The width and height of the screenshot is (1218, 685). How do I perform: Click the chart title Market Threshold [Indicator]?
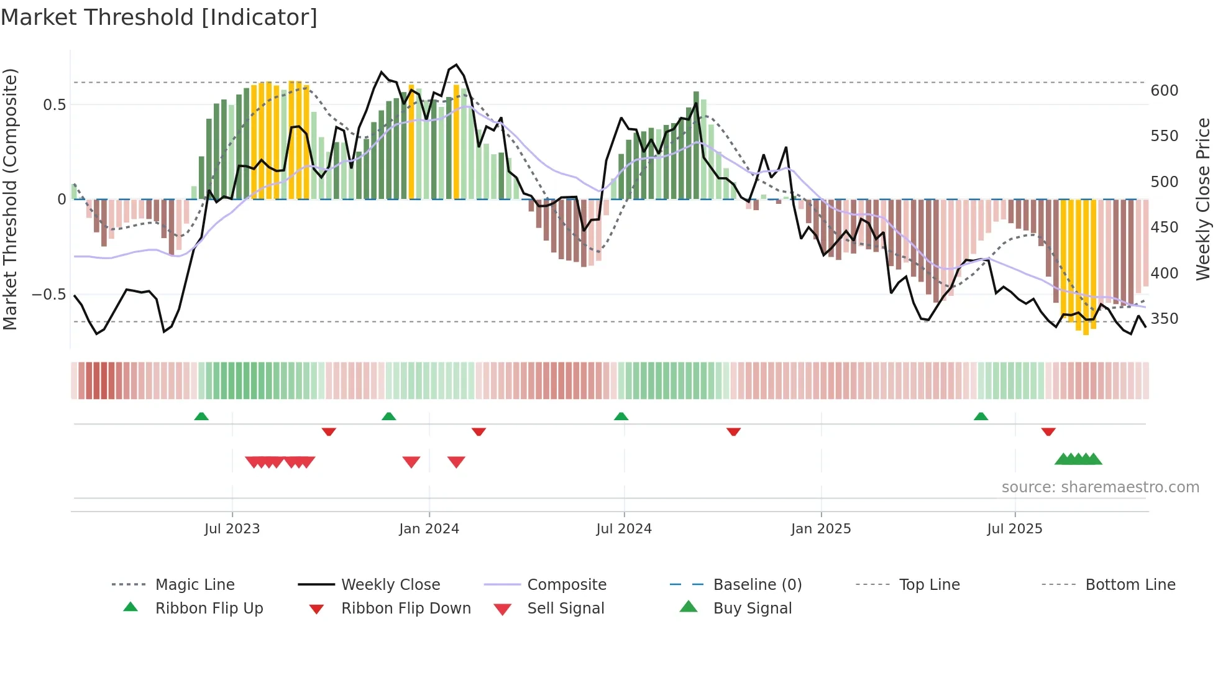159,17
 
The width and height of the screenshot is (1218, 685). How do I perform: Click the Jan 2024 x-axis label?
429,529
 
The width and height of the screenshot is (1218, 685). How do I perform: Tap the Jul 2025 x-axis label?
1014,529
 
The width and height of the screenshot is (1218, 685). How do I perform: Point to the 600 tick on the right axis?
1164,91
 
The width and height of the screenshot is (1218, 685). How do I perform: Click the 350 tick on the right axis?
1164,319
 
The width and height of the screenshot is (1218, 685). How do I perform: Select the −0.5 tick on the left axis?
49,295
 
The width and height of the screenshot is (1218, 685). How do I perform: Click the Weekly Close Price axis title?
1203,199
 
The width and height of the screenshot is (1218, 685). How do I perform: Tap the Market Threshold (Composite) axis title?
10,199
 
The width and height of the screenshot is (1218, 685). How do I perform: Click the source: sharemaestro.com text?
1100,487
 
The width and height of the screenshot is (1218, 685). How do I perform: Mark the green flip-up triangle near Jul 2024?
621,416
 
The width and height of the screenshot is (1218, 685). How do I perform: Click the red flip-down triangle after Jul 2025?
1048,431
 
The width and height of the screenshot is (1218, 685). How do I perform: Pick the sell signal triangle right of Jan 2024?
456,462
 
